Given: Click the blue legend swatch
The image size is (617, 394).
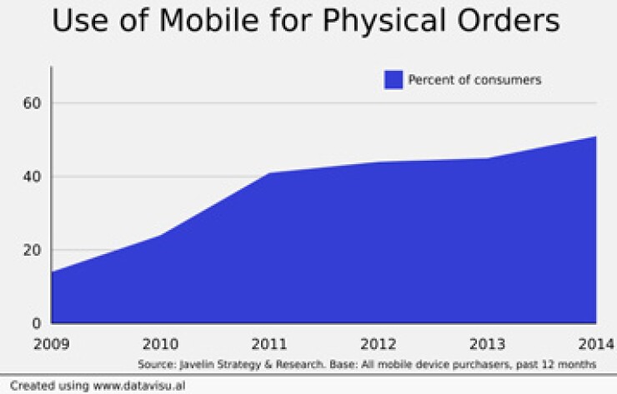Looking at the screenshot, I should coord(394,80).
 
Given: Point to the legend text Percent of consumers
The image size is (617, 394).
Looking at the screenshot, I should coord(474,80).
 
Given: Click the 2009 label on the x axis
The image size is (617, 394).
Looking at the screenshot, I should coord(52,343).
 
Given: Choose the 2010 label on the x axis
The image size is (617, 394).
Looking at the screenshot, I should coord(160,343).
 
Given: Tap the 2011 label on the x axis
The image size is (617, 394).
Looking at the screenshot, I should coord(269,343).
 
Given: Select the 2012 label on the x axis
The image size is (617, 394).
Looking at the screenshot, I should coord(378,343).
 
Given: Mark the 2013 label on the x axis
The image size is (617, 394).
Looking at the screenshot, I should coord(487,343).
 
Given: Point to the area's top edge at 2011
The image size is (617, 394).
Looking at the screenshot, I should coord(269,172).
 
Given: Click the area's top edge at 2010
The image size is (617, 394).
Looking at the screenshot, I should coord(160,235).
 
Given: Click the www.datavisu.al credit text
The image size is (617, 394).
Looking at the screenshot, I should coord(126,386).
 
